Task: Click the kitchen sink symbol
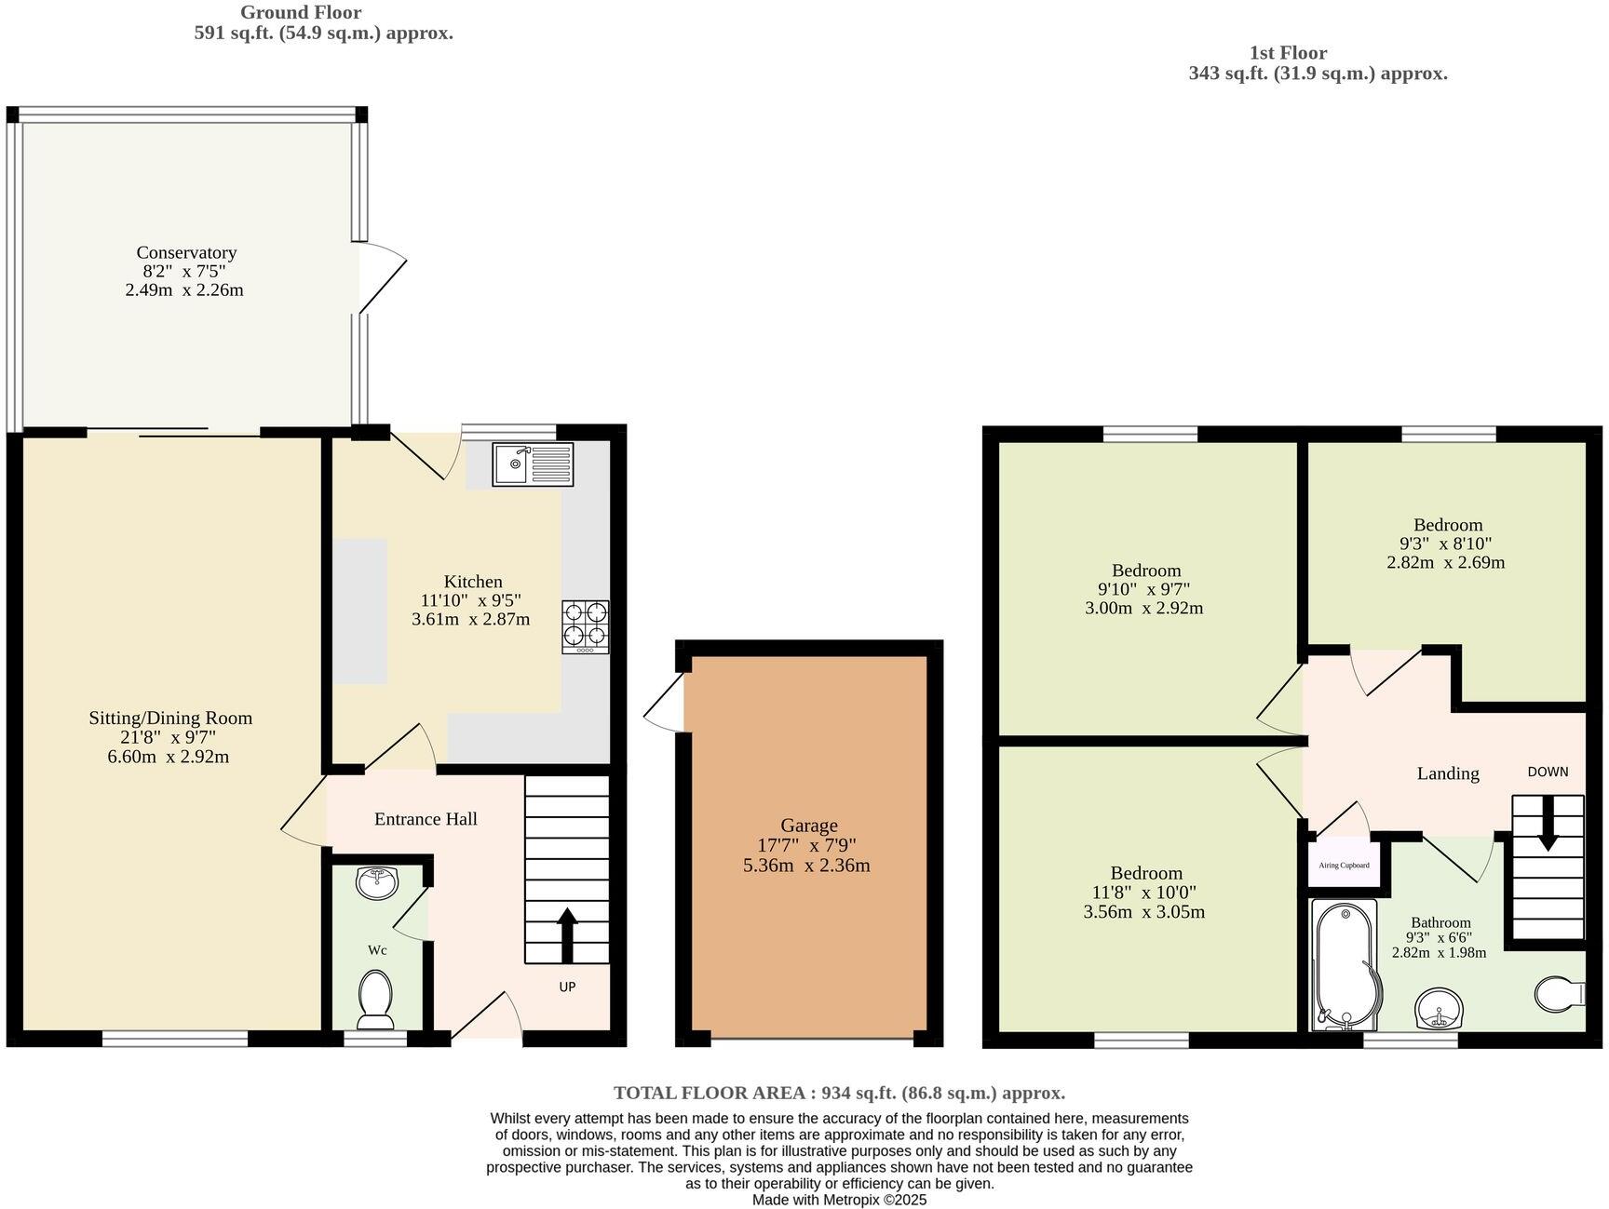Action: click(x=534, y=463)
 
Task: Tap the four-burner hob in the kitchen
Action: click(x=585, y=625)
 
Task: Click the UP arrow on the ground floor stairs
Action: click(x=567, y=934)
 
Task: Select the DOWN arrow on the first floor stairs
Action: click(x=1548, y=822)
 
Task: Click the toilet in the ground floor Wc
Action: click(x=376, y=999)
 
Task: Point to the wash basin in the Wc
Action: click(x=377, y=882)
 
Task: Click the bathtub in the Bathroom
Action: click(x=1342, y=964)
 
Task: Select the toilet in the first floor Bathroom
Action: click(x=1559, y=993)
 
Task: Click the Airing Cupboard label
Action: click(x=1344, y=865)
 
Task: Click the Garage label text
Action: click(x=808, y=825)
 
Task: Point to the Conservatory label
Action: click(x=186, y=252)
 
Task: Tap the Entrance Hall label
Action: click(x=426, y=819)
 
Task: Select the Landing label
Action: click(x=1447, y=773)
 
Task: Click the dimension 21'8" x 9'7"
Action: click(x=169, y=737)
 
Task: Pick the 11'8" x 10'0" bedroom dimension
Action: click(x=1145, y=892)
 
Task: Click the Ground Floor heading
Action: click(x=300, y=12)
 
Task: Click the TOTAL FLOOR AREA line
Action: click(x=838, y=1093)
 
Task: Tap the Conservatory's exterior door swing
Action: click(x=382, y=276)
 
